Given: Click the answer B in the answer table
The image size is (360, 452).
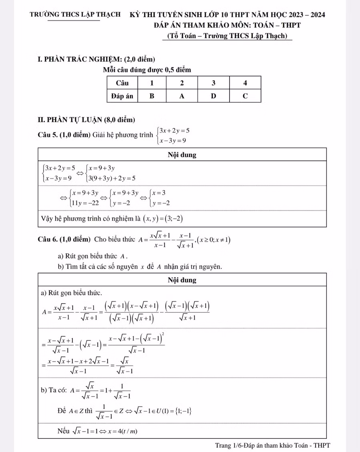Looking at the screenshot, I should coord(152,96).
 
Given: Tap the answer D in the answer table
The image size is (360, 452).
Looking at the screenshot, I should coord(213,96).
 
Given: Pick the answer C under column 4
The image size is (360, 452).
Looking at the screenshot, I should coord(245,96).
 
